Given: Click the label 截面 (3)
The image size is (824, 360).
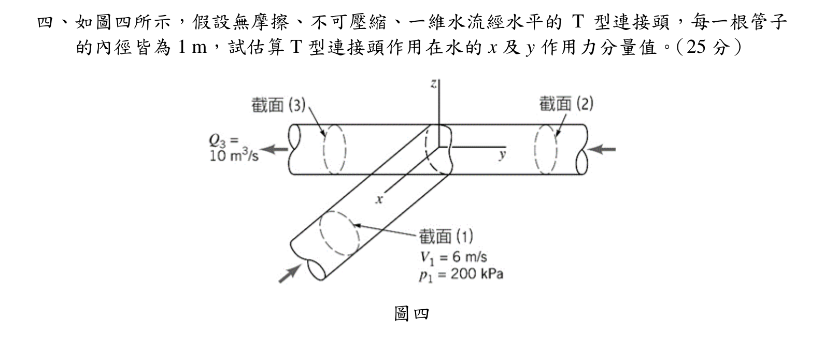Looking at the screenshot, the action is click(x=278, y=105).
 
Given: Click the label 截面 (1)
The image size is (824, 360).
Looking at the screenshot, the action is click(x=446, y=236).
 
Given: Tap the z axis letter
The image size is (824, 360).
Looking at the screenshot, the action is click(x=434, y=84).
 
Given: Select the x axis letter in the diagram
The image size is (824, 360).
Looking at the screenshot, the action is click(x=379, y=199).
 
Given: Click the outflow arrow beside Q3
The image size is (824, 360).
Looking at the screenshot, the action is click(x=275, y=149).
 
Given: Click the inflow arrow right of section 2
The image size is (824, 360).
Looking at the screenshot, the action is click(x=601, y=149).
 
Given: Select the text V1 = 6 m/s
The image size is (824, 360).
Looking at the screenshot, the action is click(x=453, y=257).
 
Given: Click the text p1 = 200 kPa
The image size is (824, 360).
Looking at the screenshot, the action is click(x=461, y=275).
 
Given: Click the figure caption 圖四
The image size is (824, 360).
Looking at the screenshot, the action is click(x=411, y=314).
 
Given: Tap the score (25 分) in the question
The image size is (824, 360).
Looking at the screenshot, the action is click(x=709, y=47).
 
